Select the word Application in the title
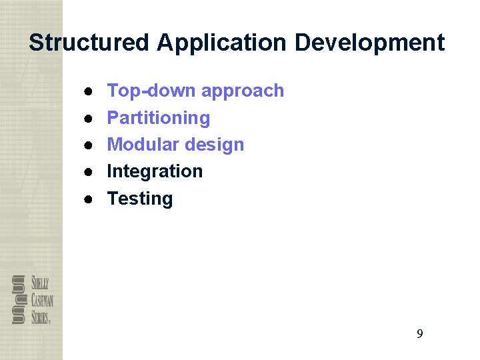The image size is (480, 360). pos(223,43)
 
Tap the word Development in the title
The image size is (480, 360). pos(370,43)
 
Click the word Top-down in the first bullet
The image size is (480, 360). pos(151,91)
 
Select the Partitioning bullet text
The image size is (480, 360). pos(159,118)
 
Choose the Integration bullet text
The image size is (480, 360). pos(155,171)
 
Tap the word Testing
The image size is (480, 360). pos(140,199)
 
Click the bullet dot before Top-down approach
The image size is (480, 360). pos(88,91)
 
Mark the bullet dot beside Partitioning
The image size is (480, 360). pos(88,118)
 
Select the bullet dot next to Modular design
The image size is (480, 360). pos(88,145)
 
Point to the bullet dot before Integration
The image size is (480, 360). pos(88,171)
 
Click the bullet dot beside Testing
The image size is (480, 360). pos(88,199)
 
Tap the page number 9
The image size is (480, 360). pos(419,334)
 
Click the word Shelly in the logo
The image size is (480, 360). pos(40,283)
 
